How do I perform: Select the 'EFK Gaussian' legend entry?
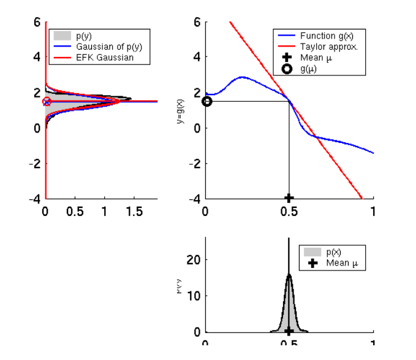(x=104, y=58)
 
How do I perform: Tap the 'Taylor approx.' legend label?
(x=328, y=47)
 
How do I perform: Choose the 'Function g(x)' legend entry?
(x=327, y=36)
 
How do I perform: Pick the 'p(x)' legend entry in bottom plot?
(x=334, y=252)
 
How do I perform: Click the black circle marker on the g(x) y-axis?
(x=207, y=101)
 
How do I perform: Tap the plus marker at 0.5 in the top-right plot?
(x=289, y=198)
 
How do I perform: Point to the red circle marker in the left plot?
(x=47, y=101)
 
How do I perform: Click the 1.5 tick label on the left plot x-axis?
(x=134, y=211)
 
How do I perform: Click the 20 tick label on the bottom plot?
(x=194, y=260)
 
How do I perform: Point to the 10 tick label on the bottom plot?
(x=194, y=296)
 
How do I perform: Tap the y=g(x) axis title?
(x=181, y=110)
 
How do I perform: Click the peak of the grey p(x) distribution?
(x=289, y=275)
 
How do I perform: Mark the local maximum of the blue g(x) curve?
(x=242, y=77)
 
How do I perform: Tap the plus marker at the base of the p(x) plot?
(x=289, y=331)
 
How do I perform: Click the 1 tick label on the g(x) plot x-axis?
(x=373, y=211)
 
